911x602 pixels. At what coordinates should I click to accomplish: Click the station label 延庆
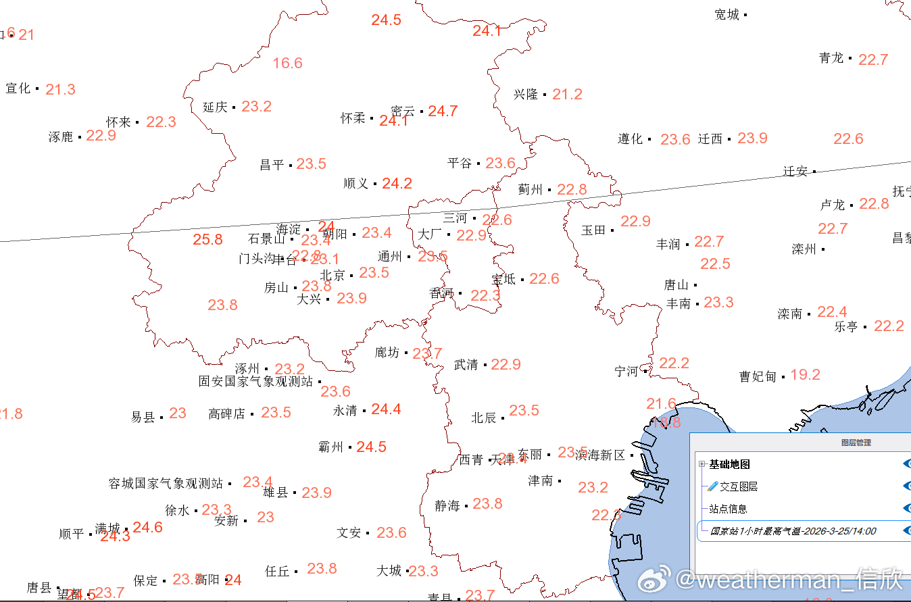[x=215, y=107]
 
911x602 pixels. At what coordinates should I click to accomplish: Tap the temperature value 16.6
[x=287, y=64]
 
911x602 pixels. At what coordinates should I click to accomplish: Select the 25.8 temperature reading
[x=207, y=239]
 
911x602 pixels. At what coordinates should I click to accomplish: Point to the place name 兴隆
[x=525, y=95]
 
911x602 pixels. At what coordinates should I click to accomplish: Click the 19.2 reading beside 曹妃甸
[x=805, y=374]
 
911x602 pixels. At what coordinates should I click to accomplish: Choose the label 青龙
[x=831, y=58]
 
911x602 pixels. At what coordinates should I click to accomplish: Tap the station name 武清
[x=466, y=365]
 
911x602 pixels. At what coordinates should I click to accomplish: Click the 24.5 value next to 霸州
[x=371, y=447]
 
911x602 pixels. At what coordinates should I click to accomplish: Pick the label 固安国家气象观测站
[x=255, y=382]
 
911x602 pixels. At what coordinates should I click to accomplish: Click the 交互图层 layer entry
[x=738, y=486]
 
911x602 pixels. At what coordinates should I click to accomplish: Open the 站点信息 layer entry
[x=728, y=509]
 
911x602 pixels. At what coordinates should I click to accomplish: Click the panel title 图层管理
[x=856, y=443]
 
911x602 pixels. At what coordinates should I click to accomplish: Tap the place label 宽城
[x=727, y=15]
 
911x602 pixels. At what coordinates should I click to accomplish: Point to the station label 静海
[x=447, y=505]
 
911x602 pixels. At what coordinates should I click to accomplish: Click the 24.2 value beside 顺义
[x=397, y=183]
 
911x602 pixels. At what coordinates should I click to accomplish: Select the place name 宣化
[x=18, y=89]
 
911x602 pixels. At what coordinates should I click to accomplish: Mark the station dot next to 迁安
[x=814, y=172]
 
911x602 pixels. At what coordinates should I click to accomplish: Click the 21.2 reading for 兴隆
[x=567, y=95]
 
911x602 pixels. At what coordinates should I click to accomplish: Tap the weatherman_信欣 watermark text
[x=791, y=580]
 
